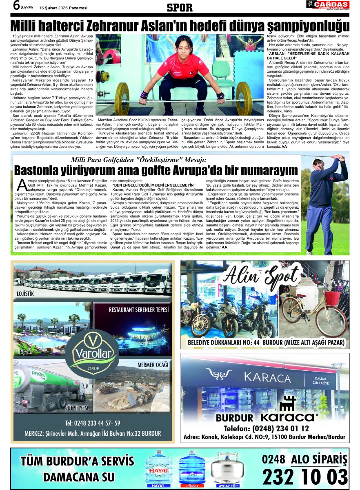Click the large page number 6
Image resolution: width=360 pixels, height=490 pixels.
pyautogui.click(x=16, y=5)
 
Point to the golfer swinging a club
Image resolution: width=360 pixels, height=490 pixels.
pyautogui.click(x=328, y=200)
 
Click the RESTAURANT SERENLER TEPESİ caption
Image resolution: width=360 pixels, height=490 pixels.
pyautogui.click(x=139, y=310)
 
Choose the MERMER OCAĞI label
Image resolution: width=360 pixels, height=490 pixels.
pyautogui.click(x=153, y=364)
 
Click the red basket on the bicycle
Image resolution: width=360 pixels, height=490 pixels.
pyautogui.click(x=332, y=297)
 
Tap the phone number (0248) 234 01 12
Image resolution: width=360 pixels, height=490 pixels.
pyautogui.click(x=266, y=428)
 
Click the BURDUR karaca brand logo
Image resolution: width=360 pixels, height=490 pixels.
pyautogui.click(x=267, y=417)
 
